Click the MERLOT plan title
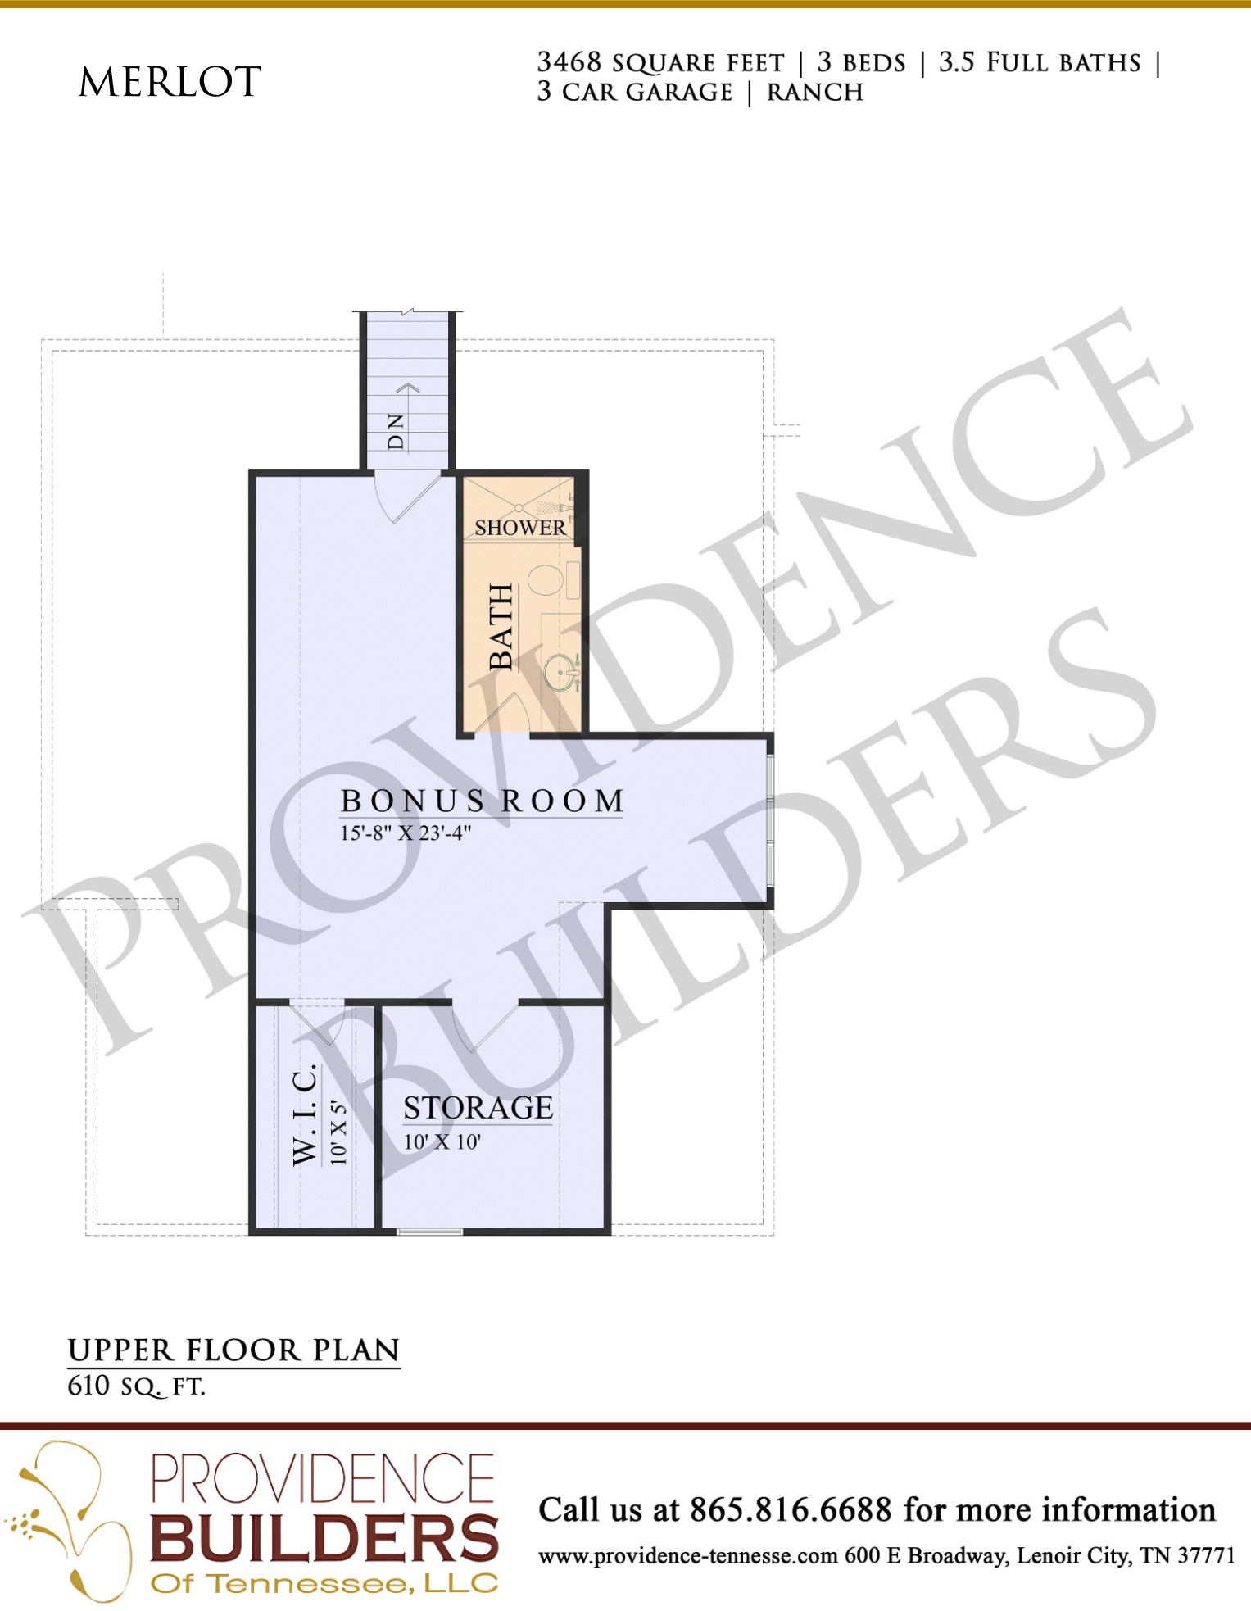(170, 81)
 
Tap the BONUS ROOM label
(483, 801)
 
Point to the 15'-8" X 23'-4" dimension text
(406, 833)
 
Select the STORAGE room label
(478, 1108)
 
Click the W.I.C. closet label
(305, 1114)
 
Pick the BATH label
(501, 627)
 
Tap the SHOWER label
(520, 528)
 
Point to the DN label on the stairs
(396, 432)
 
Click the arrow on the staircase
(408, 387)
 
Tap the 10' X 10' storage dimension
(442, 1141)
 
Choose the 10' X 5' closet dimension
(339, 1132)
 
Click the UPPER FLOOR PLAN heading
(233, 1350)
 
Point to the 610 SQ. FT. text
(136, 1386)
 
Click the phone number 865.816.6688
(791, 1509)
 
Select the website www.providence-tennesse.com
(687, 1555)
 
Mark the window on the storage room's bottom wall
(430, 1231)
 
